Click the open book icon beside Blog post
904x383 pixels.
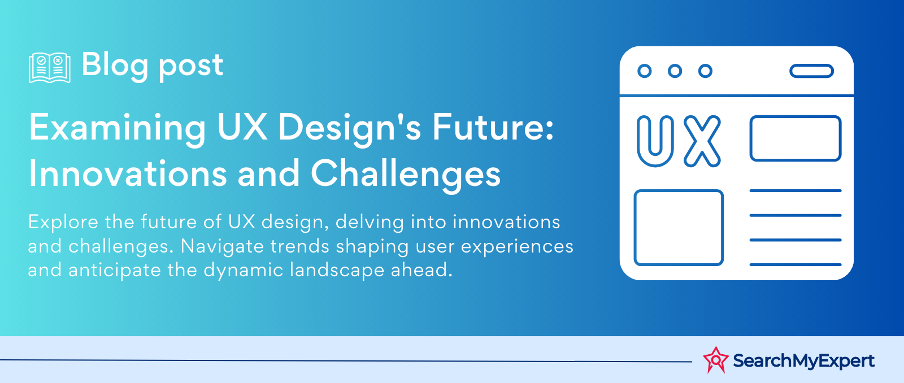50,67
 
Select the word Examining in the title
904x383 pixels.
117,128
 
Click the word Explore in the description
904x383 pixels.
63,223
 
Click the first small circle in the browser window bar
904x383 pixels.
645,71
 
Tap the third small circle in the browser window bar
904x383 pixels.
706,71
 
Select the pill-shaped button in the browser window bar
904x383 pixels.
811,71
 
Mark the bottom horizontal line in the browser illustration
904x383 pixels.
796,265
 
